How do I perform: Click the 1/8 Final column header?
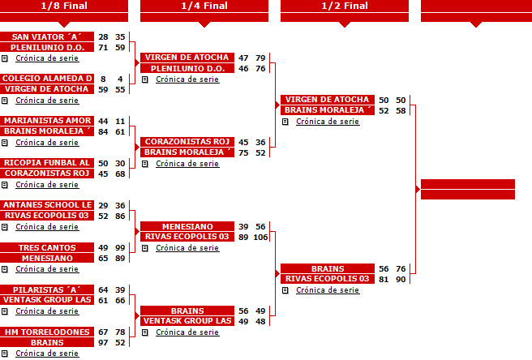[64, 6]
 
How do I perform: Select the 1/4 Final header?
[204, 6]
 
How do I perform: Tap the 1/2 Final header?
[345, 6]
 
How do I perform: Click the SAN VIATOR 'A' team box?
[47, 36]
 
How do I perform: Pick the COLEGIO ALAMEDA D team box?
[47, 79]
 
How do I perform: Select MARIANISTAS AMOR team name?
[47, 121]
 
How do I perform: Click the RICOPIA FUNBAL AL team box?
[47, 163]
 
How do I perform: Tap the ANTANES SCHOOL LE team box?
[47, 205]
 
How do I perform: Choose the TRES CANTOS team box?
[47, 247]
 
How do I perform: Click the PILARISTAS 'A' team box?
[47, 289]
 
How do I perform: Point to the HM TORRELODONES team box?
[47, 332]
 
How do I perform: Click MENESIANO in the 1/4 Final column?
[187, 226]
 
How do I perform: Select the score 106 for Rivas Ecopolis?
[260, 238]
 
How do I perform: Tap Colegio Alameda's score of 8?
[103, 79]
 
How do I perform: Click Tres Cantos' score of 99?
[120, 247]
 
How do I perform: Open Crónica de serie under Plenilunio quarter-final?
[187, 79]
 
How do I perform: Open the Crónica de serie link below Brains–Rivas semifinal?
[328, 290]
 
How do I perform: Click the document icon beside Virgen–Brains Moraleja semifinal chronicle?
[285, 122]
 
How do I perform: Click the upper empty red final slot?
[468, 184]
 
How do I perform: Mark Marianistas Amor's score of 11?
[120, 121]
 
